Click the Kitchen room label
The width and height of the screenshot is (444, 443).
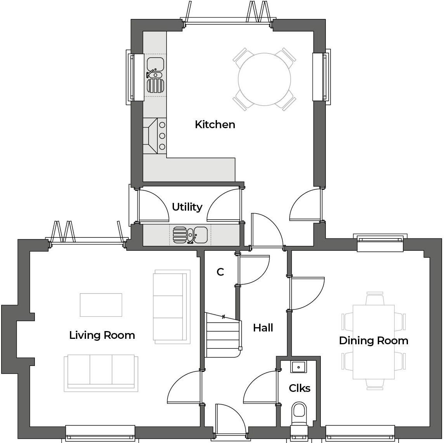click(215, 124)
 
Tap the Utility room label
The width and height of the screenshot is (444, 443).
click(187, 207)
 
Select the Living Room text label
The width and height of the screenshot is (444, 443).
click(102, 335)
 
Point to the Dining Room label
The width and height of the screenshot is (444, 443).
click(373, 340)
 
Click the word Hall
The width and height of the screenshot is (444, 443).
click(263, 328)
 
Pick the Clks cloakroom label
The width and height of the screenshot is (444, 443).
click(299, 388)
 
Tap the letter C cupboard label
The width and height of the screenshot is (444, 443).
click(220, 272)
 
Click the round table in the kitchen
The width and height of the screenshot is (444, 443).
click(264, 79)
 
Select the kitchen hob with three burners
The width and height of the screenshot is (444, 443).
click(155, 136)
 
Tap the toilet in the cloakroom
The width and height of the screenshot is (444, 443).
click(299, 413)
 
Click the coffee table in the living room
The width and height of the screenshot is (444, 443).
click(101, 305)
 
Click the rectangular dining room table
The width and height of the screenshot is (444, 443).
click(373, 342)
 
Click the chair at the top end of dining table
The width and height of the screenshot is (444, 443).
click(375, 299)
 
